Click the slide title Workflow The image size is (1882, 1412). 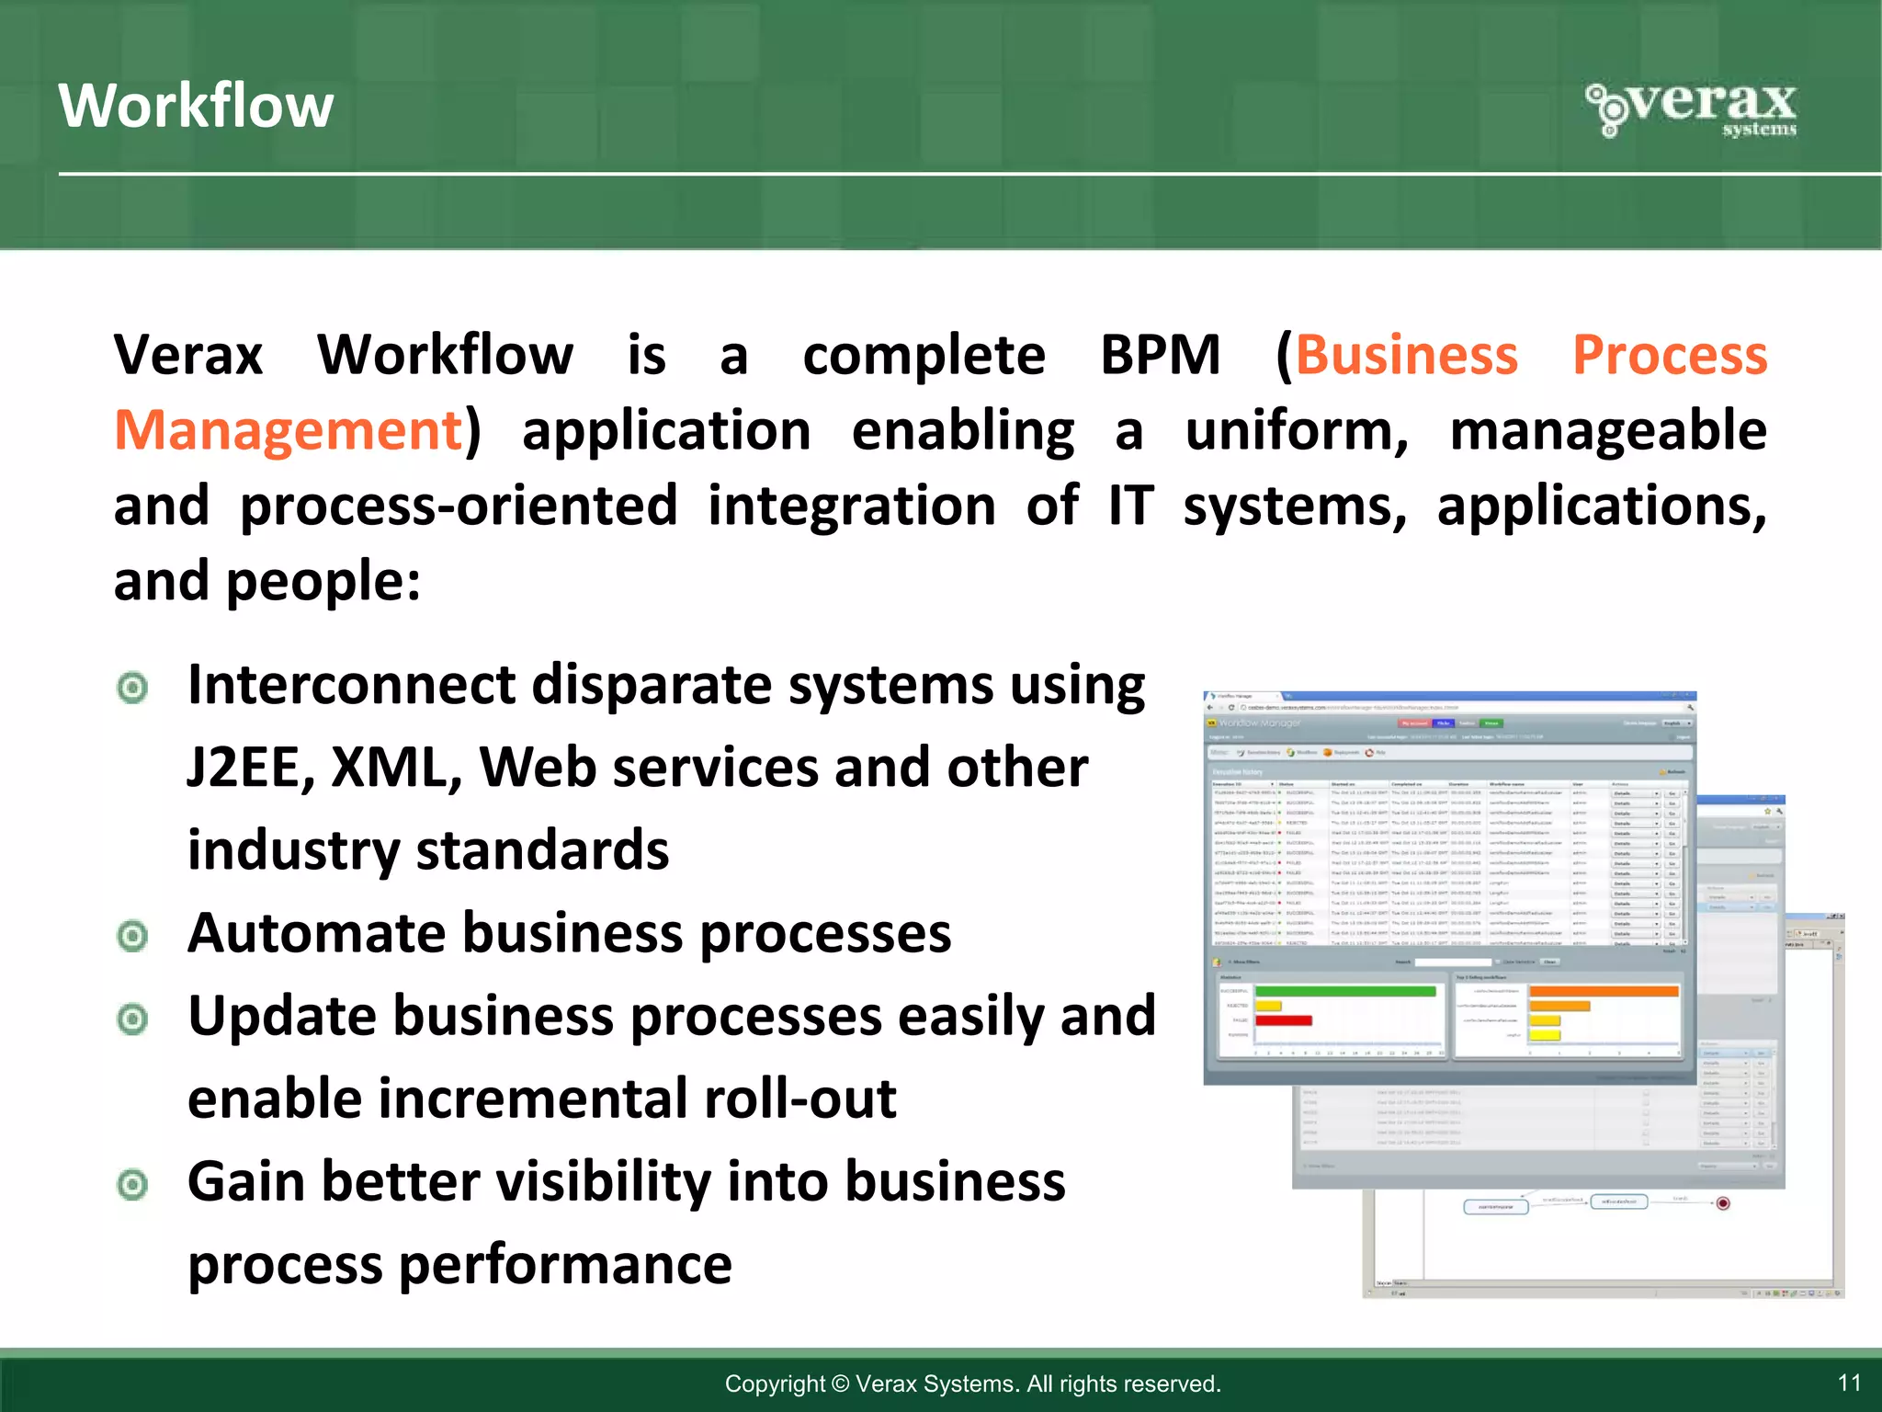196,106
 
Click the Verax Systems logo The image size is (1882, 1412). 1692,109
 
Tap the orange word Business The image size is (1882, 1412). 1406,355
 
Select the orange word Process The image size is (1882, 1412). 1669,355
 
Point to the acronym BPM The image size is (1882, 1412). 1160,355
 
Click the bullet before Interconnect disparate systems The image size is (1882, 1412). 133,688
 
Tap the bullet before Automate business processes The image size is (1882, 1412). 133,936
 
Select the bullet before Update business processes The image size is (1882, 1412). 133,1019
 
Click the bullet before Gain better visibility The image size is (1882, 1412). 133,1184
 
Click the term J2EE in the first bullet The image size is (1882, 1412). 246,768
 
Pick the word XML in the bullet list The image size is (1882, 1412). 394,768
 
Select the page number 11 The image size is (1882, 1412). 1849,1383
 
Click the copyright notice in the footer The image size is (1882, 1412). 972,1384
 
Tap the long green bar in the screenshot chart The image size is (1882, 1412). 1344,991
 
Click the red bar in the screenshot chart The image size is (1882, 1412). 1283,1020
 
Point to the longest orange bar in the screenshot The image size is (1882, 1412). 1604,991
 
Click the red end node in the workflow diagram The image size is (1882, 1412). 1723,1203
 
